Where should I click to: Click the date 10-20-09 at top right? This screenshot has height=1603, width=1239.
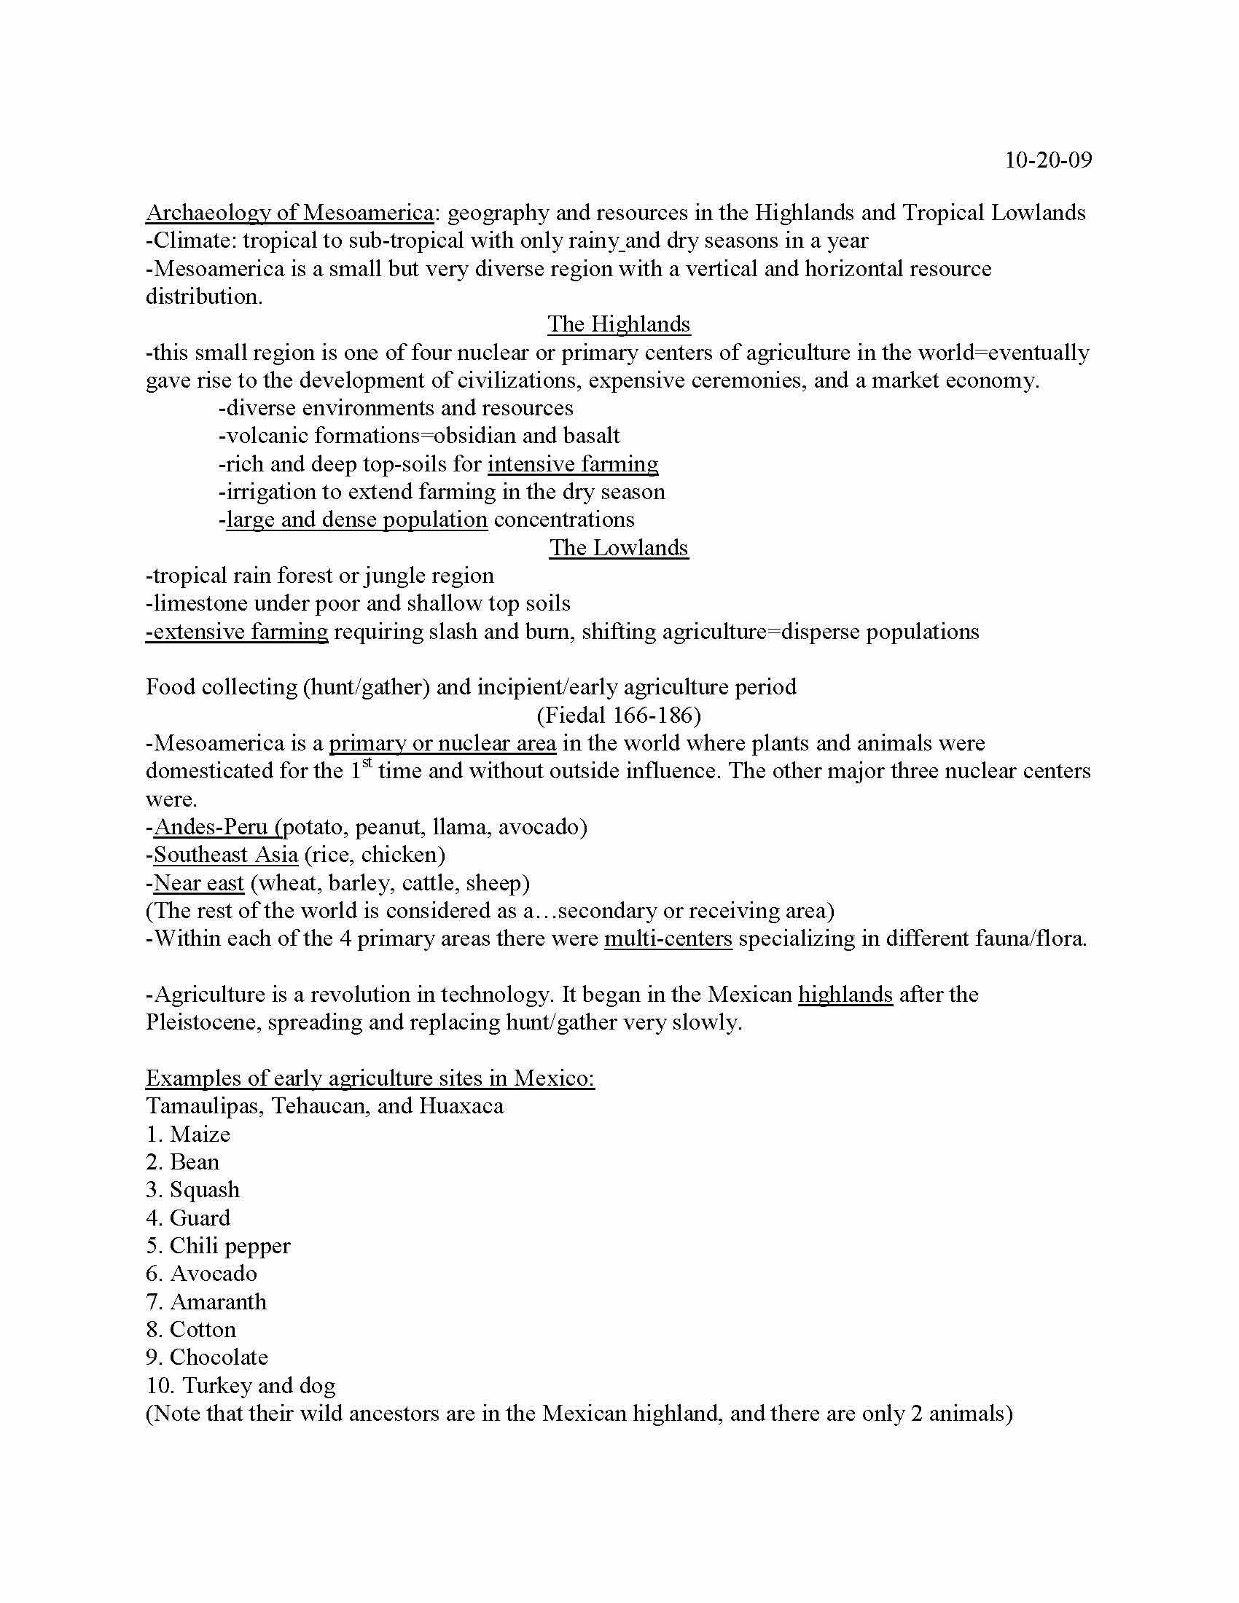tap(1047, 160)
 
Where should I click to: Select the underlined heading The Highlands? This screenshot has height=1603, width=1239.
tap(619, 324)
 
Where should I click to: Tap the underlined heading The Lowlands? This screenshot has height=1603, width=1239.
tap(619, 547)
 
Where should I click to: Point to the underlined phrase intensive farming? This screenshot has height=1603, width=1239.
tap(573, 464)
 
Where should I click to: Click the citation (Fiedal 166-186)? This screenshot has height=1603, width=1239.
tap(619, 715)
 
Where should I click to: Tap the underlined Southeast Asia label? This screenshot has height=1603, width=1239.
tap(225, 855)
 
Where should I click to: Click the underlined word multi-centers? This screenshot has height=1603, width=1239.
tap(668, 938)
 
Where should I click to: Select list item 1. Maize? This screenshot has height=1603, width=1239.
tap(188, 1134)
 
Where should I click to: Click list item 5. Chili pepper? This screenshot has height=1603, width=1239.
tap(218, 1246)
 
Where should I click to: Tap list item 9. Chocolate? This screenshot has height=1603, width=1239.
tap(207, 1358)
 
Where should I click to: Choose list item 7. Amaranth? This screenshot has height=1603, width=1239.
tap(206, 1302)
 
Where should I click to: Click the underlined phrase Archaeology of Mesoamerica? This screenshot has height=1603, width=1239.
tap(289, 213)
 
